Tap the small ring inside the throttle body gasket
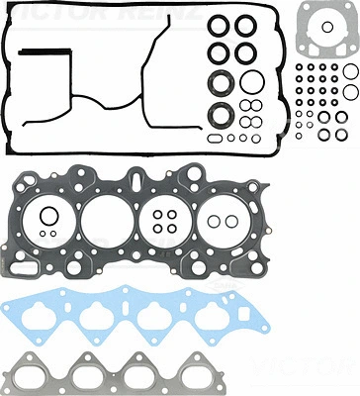click(x=323, y=39)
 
